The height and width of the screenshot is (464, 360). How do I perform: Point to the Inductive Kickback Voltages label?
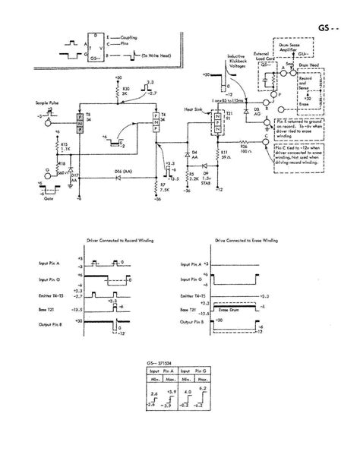(x=232, y=65)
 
